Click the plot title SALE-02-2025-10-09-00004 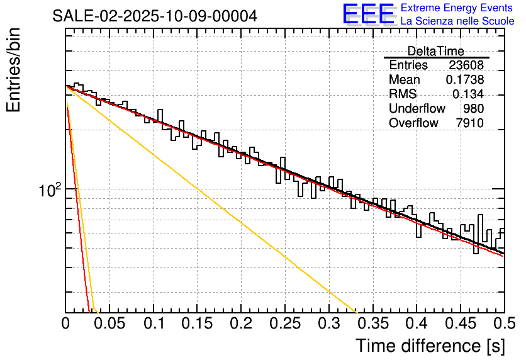click(154, 16)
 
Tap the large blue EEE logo click(368, 14)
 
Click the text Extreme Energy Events click(457, 8)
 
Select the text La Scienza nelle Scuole click(457, 21)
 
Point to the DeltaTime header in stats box click(435, 51)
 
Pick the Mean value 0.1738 click(464, 80)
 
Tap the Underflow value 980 click(473, 109)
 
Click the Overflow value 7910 click(469, 123)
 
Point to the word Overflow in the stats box click(413, 123)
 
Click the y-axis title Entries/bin click(14, 71)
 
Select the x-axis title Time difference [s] click(429, 346)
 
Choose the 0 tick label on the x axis click(66, 324)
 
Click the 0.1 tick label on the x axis click(154, 324)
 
